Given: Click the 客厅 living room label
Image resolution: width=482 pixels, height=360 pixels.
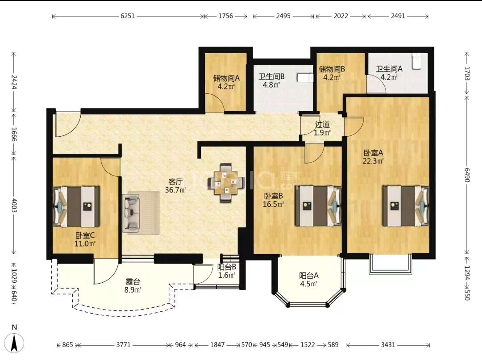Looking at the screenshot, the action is click(175, 181).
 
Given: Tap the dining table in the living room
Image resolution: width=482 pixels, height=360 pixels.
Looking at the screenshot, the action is click(226, 183).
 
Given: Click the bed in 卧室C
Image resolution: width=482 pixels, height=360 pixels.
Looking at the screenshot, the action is click(76, 206).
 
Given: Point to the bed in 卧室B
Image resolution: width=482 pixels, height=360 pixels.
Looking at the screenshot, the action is click(318, 206).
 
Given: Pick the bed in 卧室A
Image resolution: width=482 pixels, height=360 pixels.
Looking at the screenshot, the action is click(405, 206).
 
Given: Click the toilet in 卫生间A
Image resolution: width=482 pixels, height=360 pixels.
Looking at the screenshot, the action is click(416, 61).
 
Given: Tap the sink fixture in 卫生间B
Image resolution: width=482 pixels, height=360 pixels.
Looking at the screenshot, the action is click(305, 78).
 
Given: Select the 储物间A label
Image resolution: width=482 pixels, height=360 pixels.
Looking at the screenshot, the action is click(226, 78).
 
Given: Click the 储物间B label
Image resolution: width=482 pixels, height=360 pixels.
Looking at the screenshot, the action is click(332, 69).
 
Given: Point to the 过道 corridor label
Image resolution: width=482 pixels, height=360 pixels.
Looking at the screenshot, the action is click(323, 124).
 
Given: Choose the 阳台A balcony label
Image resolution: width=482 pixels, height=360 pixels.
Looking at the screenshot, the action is click(309, 276).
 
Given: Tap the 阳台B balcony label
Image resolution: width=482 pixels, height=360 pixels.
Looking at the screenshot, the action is click(227, 267).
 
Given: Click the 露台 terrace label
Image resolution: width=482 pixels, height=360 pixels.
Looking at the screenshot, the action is click(133, 281).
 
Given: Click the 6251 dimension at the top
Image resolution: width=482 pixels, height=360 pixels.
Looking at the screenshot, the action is click(128, 16).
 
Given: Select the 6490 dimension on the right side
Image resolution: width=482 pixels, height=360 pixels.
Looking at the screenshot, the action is click(467, 175).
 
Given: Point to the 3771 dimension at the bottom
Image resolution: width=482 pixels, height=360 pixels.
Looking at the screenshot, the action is click(123, 345).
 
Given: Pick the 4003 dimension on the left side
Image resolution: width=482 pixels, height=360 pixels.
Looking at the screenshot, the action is click(14, 205).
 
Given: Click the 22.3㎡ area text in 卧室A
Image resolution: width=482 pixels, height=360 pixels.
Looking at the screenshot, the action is click(373, 161).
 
